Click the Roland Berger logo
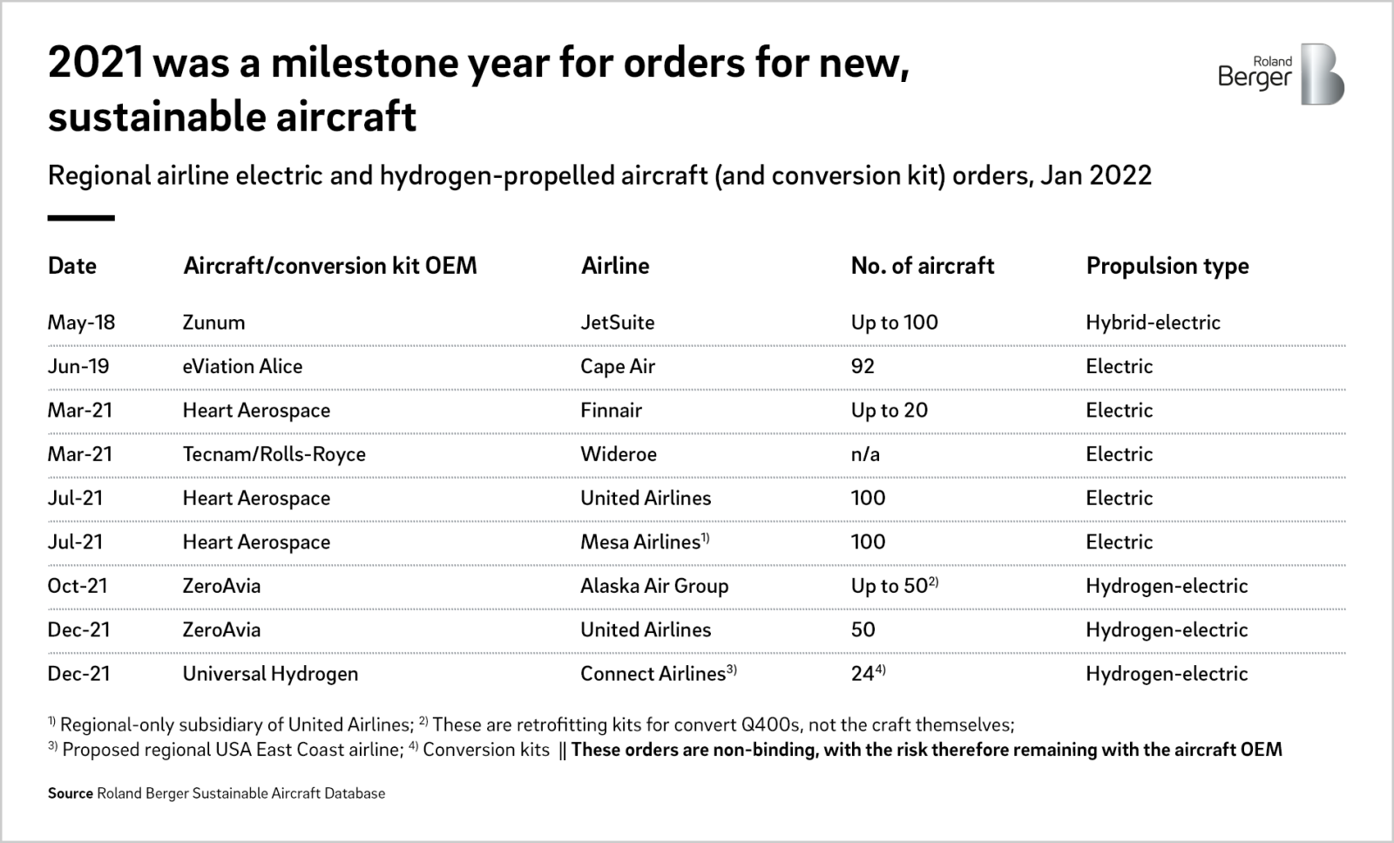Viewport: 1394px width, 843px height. point(1281,74)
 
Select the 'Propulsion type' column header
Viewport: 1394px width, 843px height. point(1167,266)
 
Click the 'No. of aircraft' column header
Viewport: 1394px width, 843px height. point(922,266)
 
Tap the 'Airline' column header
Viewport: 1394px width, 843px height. point(615,266)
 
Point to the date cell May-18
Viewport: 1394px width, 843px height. point(81,323)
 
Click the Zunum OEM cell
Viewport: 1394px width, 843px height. point(213,323)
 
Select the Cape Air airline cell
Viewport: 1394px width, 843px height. point(617,366)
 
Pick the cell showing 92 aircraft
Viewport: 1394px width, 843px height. point(863,366)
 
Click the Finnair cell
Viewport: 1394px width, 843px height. point(611,411)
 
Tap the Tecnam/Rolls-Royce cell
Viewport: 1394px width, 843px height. point(274,454)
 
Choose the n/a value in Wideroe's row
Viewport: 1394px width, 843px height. point(864,454)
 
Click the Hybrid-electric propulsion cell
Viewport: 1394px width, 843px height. point(1153,323)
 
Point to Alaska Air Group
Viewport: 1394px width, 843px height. point(654,586)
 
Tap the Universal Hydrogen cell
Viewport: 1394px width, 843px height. point(270,674)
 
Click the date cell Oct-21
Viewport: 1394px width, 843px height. point(78,586)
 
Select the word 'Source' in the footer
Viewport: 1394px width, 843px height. point(70,793)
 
